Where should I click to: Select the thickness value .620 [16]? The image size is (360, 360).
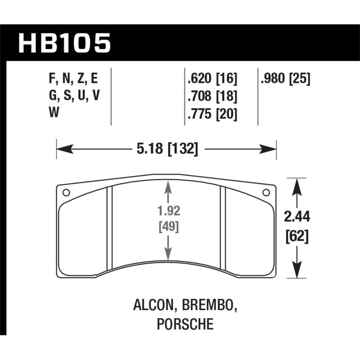coord(211,80)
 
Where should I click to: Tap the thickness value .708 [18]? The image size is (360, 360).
coord(211,96)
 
